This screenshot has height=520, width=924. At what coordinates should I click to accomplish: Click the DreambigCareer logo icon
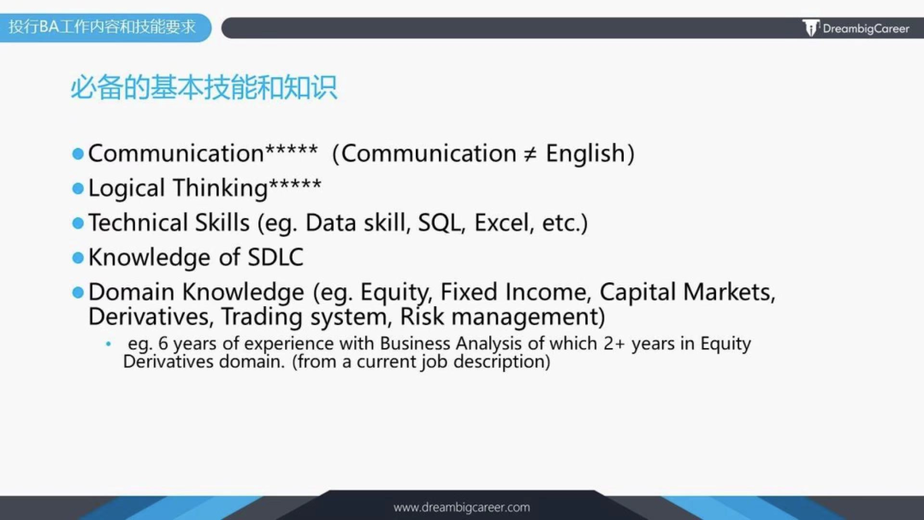(811, 28)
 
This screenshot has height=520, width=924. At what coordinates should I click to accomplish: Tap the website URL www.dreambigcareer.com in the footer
(461, 507)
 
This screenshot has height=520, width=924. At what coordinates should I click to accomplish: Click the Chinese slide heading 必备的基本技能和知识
(204, 87)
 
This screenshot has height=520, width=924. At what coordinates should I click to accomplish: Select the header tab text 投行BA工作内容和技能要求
(103, 27)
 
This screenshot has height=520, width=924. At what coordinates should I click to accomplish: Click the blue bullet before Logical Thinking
(78, 188)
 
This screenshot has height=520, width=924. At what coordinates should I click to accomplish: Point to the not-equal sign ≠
(531, 154)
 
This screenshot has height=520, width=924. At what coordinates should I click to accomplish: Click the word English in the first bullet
(585, 154)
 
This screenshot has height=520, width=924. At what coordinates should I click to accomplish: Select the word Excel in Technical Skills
(503, 223)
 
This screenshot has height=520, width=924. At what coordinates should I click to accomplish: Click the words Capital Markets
(687, 292)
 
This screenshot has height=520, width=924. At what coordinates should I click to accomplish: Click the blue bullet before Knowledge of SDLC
(78, 257)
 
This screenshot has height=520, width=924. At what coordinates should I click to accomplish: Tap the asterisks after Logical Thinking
(295, 186)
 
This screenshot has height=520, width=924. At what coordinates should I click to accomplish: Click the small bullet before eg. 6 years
(109, 344)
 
